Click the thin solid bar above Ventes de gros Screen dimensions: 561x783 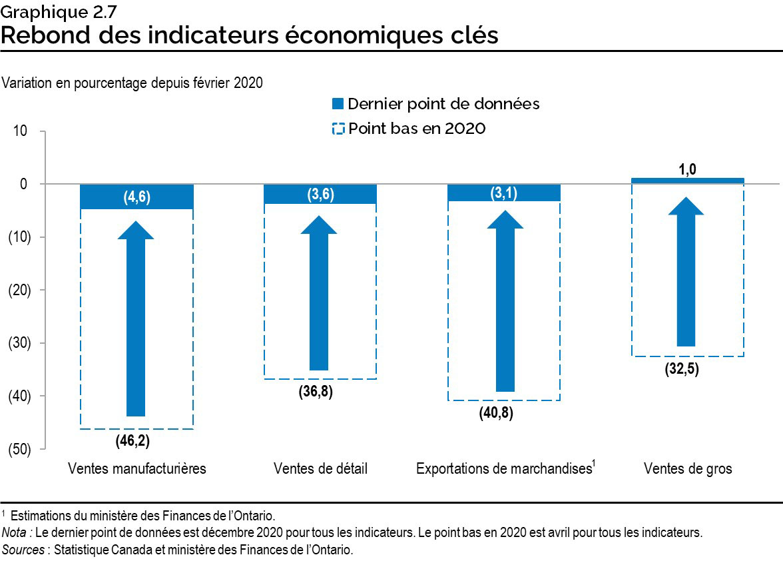[x=687, y=181]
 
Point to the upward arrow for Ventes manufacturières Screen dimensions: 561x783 [x=136, y=320]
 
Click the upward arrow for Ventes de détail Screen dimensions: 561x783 [x=320, y=293]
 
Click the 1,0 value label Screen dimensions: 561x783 [x=688, y=170]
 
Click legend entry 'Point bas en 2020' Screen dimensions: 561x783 [x=409, y=128]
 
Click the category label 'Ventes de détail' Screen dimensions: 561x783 [x=320, y=468]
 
